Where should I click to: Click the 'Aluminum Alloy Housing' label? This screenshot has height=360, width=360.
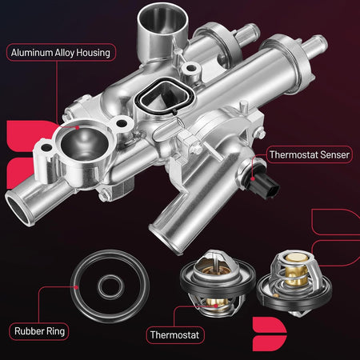(61, 53)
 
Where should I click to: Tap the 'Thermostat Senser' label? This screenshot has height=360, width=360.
(310, 154)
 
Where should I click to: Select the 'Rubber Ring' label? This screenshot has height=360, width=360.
(39, 331)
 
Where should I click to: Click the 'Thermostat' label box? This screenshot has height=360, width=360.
(175, 335)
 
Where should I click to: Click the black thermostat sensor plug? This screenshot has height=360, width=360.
(265, 186)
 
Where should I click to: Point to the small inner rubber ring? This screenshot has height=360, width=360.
(111, 287)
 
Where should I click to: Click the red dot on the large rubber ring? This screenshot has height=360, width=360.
(76, 287)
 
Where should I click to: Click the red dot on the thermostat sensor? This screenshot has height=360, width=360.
(253, 179)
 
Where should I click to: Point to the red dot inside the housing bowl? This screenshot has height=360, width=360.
(78, 127)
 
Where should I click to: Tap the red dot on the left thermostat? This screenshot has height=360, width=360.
(216, 306)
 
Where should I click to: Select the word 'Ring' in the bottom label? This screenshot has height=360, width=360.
(55, 331)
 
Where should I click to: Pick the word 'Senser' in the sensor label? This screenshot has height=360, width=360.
(334, 154)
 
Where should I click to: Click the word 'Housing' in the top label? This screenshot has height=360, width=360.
(93, 53)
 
